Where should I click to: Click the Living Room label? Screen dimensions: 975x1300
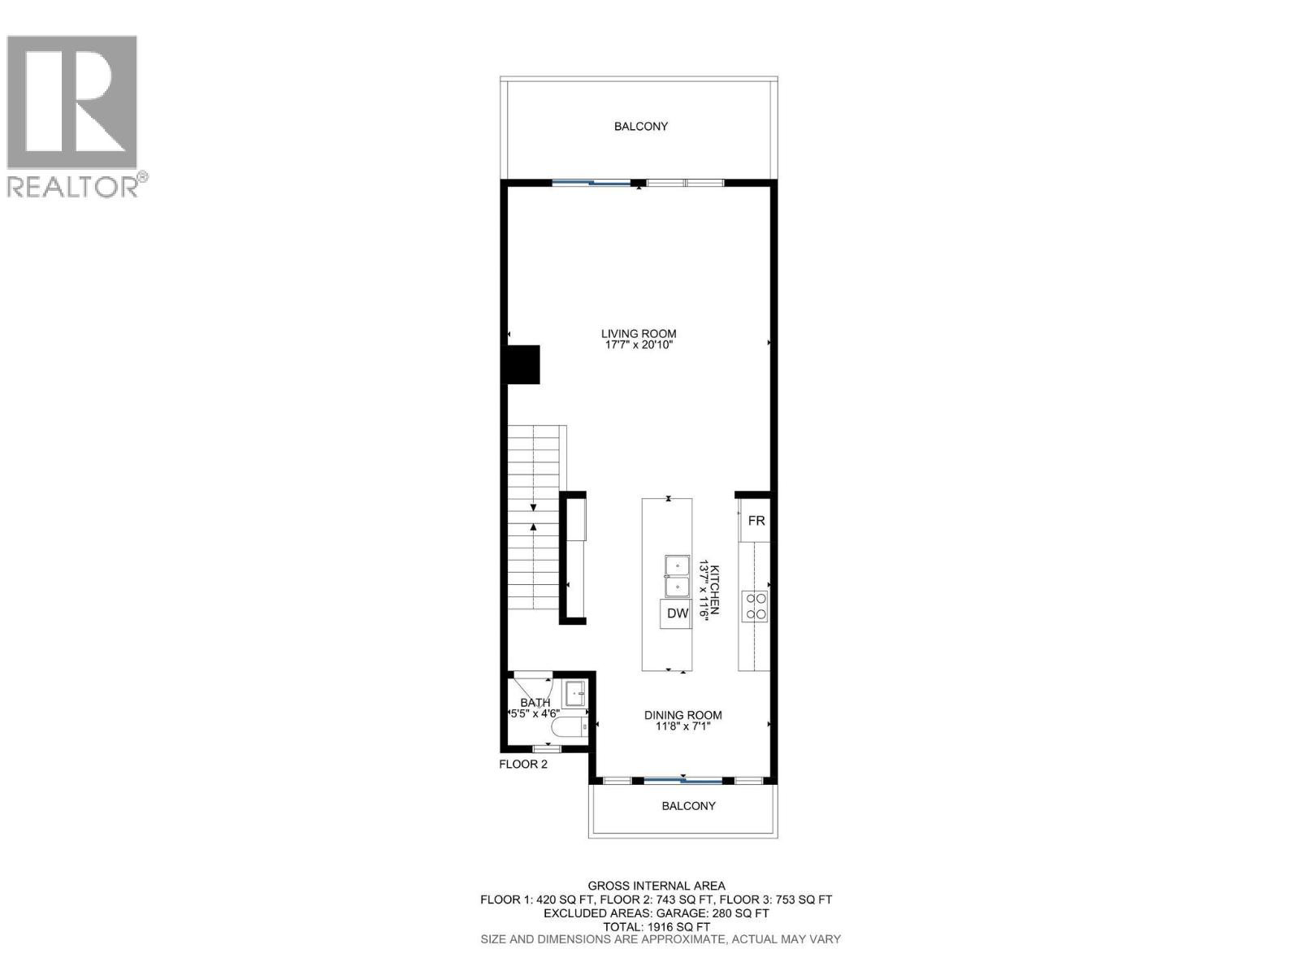click(639, 333)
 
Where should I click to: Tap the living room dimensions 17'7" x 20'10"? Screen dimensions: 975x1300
click(639, 345)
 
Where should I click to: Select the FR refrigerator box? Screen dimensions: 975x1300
click(756, 521)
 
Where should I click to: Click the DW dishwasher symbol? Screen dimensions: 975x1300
click(677, 613)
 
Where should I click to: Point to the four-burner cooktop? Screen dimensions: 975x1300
click(755, 606)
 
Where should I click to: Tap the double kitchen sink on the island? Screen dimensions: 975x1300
click(676, 576)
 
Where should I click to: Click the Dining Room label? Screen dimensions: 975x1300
click(682, 715)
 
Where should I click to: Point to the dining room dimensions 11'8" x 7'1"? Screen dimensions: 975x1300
click(682, 726)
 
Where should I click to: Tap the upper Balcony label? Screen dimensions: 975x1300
click(640, 126)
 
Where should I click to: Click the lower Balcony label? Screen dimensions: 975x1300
click(688, 806)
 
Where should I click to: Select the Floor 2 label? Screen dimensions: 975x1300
click(523, 764)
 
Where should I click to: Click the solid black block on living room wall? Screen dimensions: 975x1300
click(523, 364)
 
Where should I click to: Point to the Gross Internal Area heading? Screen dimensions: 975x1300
click(656, 886)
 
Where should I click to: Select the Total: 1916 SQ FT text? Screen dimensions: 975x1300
click(656, 926)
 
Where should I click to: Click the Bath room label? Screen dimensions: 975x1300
click(535, 703)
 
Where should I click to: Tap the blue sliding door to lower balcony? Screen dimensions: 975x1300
click(682, 782)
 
